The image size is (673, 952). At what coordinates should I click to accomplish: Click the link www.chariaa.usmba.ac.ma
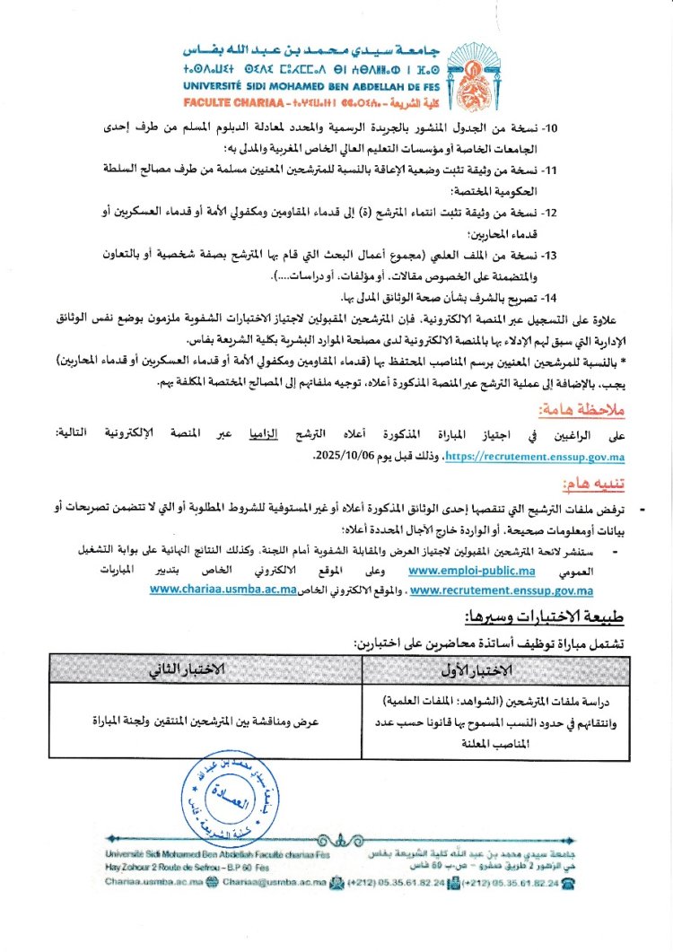223,590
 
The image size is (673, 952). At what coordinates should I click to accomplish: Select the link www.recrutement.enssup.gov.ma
501,590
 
